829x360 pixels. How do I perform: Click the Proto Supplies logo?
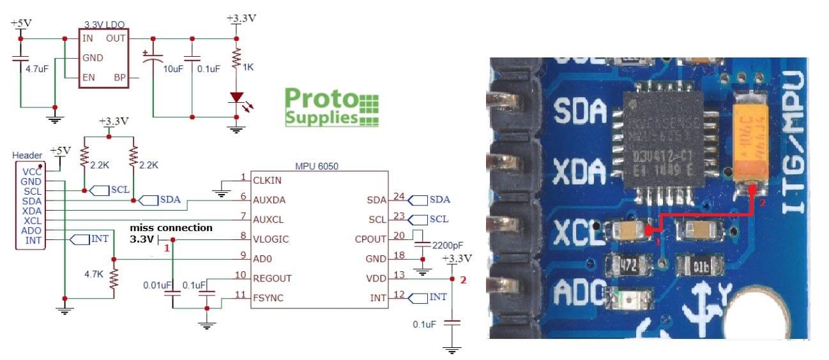coord(331,107)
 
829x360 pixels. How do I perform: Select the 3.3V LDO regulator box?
coord(104,58)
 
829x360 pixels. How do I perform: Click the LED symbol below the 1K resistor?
coord(236,98)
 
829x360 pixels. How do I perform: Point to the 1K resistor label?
coord(248,66)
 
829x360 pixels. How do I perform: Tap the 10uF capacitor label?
coord(173,68)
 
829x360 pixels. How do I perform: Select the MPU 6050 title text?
coord(317,166)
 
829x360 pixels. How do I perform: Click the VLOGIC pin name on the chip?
coord(271,239)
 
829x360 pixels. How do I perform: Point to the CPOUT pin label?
coord(370,239)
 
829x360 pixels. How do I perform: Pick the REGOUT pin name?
coord(272,278)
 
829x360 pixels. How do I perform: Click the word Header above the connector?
coord(27,155)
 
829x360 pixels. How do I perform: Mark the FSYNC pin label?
coord(268,298)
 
